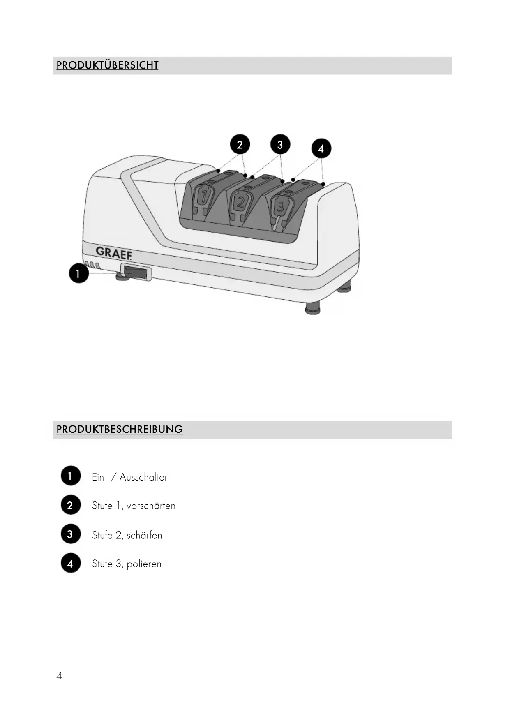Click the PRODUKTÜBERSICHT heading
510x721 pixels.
(x=107, y=65)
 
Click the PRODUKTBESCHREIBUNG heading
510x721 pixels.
(x=119, y=429)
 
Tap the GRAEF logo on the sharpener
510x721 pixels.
(x=114, y=252)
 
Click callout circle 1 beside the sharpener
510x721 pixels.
(x=78, y=273)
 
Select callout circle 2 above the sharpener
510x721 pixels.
(x=240, y=144)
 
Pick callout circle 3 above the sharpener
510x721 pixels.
(x=280, y=145)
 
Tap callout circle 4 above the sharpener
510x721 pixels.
(x=321, y=148)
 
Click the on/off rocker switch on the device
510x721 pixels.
(x=135, y=272)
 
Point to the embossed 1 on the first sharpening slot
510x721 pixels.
(x=203, y=197)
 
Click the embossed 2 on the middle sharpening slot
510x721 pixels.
(x=241, y=202)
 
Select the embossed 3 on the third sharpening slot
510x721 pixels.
(x=281, y=206)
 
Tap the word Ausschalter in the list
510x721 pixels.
(x=143, y=477)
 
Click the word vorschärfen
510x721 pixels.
(x=151, y=506)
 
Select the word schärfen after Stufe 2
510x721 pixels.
(x=144, y=535)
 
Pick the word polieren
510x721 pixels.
(x=144, y=564)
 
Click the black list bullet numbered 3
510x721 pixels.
(x=71, y=534)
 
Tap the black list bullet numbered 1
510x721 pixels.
(x=71, y=476)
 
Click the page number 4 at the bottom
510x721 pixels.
(x=60, y=675)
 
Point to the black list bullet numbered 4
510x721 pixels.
(x=71, y=563)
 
